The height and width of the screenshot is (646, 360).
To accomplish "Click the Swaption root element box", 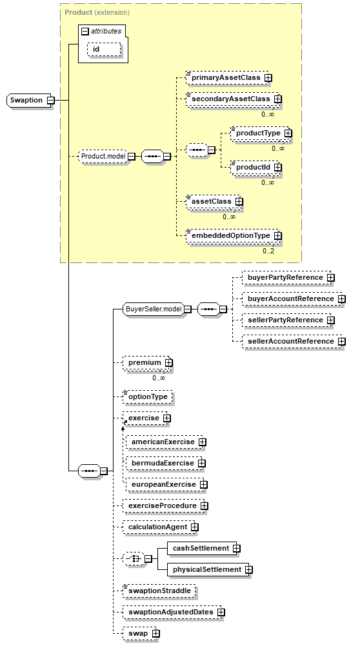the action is point(29,100).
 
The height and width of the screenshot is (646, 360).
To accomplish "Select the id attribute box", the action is point(104,49).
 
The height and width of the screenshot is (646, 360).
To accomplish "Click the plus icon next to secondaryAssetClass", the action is point(278,99).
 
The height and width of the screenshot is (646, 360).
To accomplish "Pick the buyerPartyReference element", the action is point(286,277).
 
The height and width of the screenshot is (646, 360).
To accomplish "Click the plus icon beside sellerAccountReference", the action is point(341,342).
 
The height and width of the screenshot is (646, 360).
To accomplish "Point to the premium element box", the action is point(146,362).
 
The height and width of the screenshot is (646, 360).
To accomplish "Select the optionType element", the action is point(148,396).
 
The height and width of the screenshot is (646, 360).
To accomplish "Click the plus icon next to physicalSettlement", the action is point(248,570).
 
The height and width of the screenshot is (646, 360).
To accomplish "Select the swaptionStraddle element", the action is point(159,591).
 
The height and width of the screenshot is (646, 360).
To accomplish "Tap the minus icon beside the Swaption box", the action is point(51,100).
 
